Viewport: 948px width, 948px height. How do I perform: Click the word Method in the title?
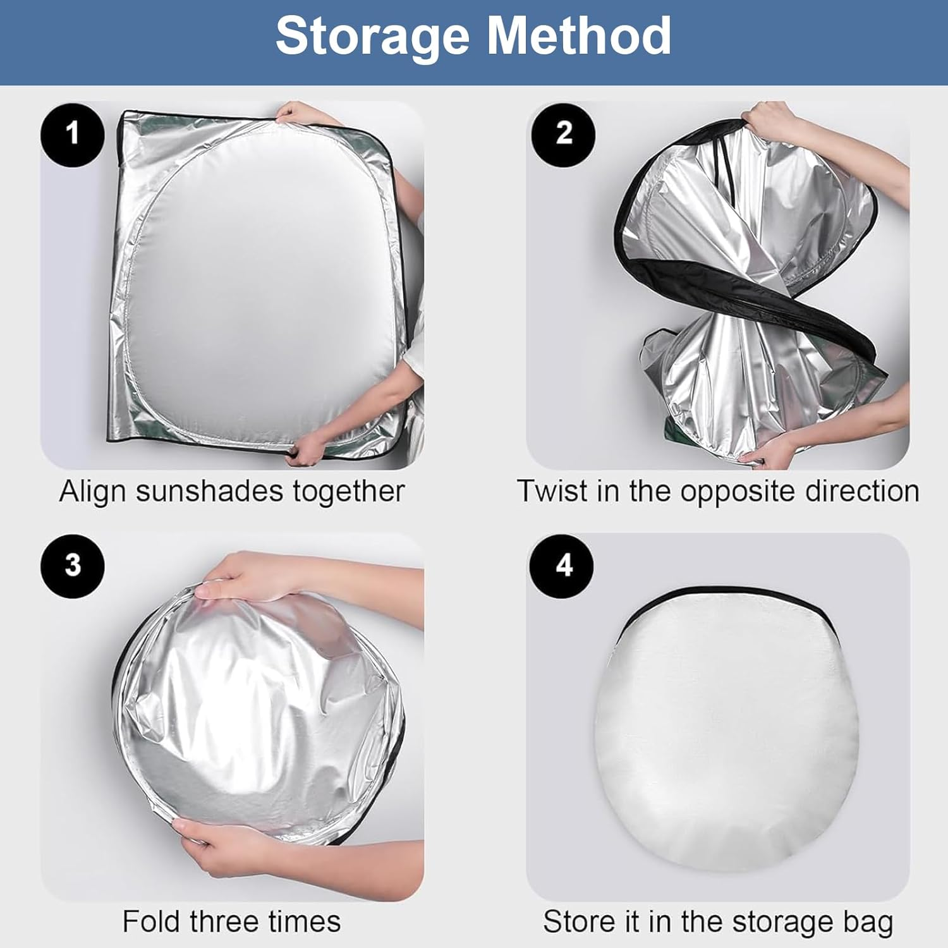(578, 35)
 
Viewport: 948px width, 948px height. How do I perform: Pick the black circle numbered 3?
(73, 566)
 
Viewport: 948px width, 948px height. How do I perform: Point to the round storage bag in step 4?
(727, 730)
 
